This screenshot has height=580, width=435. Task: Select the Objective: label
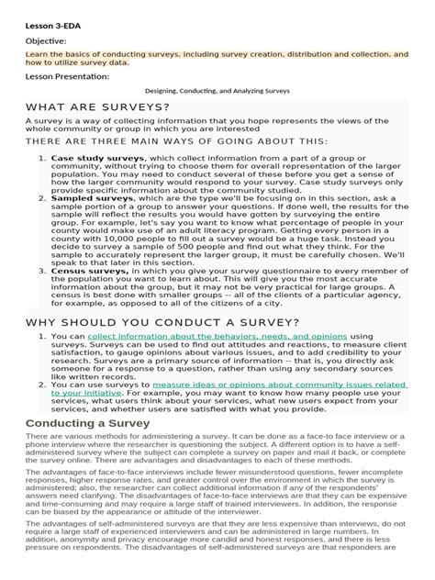[47, 41]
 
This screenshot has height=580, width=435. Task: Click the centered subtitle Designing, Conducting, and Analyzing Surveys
[217, 92]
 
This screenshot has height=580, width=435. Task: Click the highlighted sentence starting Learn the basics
[217, 59]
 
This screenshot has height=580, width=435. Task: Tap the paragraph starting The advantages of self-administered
[217, 556]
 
